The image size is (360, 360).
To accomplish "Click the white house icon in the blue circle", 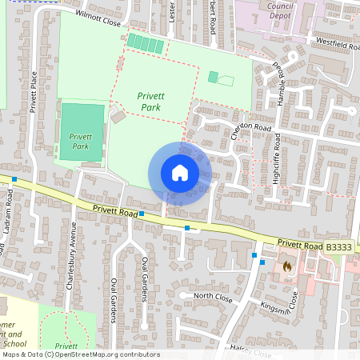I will point(179,173).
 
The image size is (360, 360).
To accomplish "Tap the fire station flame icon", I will point(286,266).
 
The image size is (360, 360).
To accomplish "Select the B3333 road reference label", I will point(338,248).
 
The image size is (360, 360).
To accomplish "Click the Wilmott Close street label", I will point(98,19).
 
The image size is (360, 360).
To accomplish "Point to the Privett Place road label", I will point(34,92).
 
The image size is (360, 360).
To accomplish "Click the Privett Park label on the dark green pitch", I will point(80,142).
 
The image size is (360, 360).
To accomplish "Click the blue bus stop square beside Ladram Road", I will point(14,179).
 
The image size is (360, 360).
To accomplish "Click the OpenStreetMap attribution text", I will point(80,354).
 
